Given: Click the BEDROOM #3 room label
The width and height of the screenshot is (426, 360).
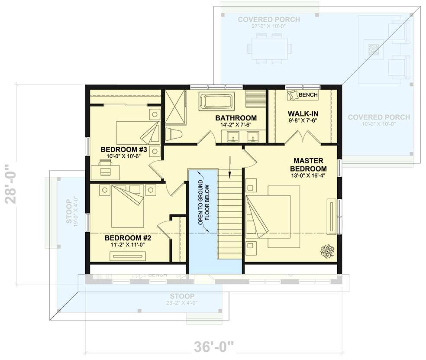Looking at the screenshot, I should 124,150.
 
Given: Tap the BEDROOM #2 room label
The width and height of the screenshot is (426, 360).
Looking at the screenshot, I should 128,238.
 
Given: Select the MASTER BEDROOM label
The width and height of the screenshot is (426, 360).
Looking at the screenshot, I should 308,165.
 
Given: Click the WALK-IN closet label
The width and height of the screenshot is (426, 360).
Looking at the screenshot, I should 303,114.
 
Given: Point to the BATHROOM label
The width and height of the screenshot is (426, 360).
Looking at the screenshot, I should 236,118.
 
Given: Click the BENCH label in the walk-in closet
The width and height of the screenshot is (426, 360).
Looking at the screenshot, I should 308,95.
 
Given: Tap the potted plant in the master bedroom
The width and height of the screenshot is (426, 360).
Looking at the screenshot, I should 326,250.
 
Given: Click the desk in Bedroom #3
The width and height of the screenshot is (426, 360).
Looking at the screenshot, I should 105,167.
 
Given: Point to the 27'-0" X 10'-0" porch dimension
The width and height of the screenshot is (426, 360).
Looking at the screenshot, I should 268,26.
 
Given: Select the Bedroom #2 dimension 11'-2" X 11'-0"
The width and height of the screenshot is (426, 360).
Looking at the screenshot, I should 128,245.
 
